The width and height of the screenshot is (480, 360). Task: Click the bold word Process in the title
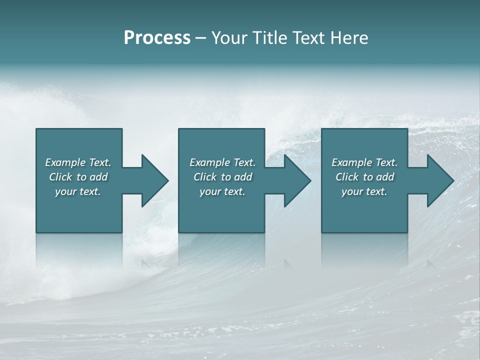157,38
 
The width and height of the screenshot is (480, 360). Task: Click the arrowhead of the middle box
297,180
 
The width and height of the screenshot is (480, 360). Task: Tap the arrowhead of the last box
440,180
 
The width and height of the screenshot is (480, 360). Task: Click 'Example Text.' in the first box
78,162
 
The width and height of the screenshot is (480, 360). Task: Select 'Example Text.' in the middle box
222,162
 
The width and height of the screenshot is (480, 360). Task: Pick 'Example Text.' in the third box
364,162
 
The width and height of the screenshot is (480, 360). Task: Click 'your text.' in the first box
78,191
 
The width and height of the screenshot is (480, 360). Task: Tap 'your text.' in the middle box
222,191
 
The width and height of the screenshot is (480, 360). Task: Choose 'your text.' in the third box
364,191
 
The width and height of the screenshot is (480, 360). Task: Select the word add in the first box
98,177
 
